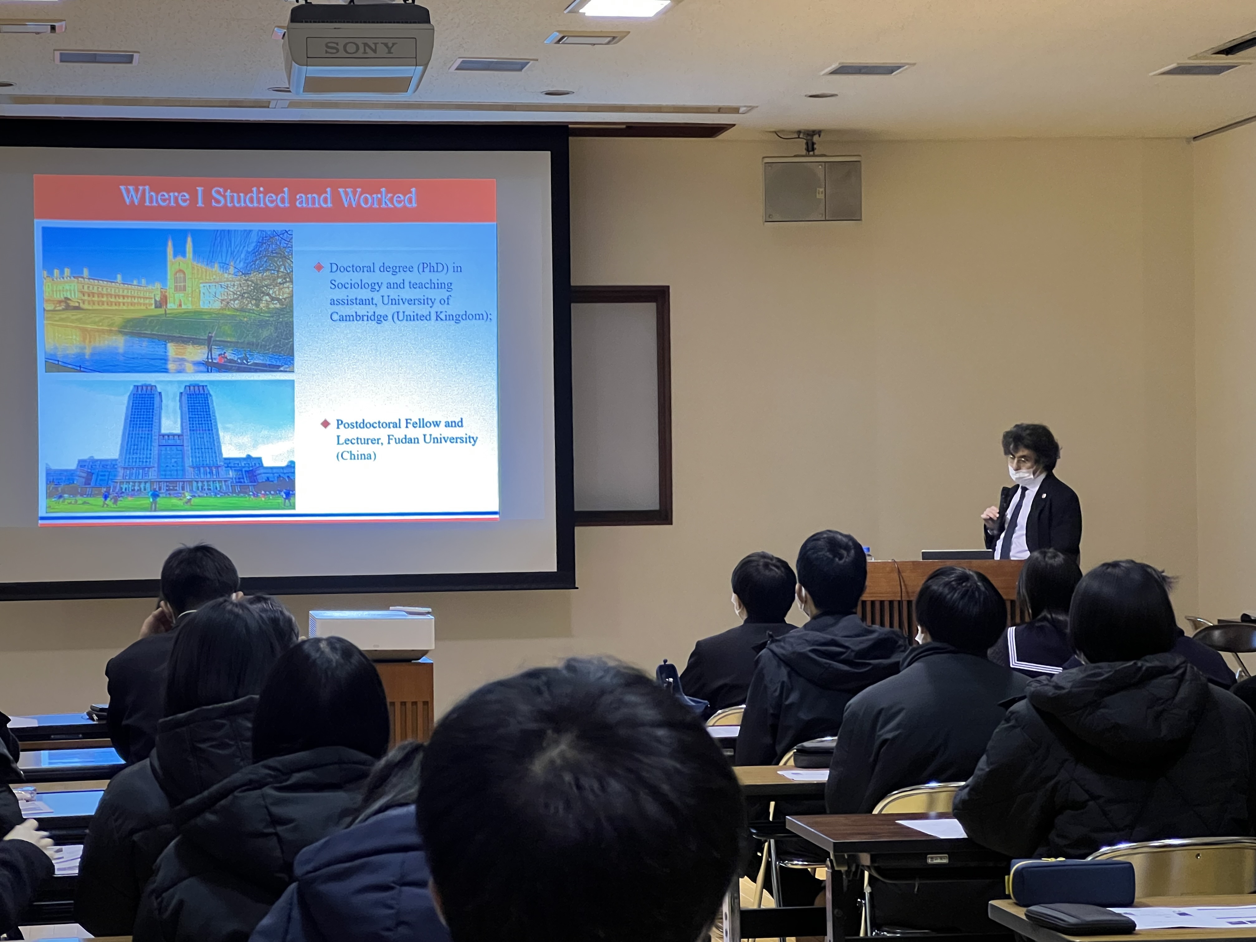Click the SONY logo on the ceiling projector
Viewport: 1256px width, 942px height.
(x=360, y=48)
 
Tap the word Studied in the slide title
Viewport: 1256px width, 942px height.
(x=250, y=197)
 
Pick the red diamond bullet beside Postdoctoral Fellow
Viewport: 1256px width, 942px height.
(x=325, y=424)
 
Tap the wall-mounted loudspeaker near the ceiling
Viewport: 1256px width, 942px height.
(x=812, y=189)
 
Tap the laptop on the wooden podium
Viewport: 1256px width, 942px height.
(x=957, y=555)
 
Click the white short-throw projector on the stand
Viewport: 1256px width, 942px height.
(x=371, y=634)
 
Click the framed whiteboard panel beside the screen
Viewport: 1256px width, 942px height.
(x=621, y=405)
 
